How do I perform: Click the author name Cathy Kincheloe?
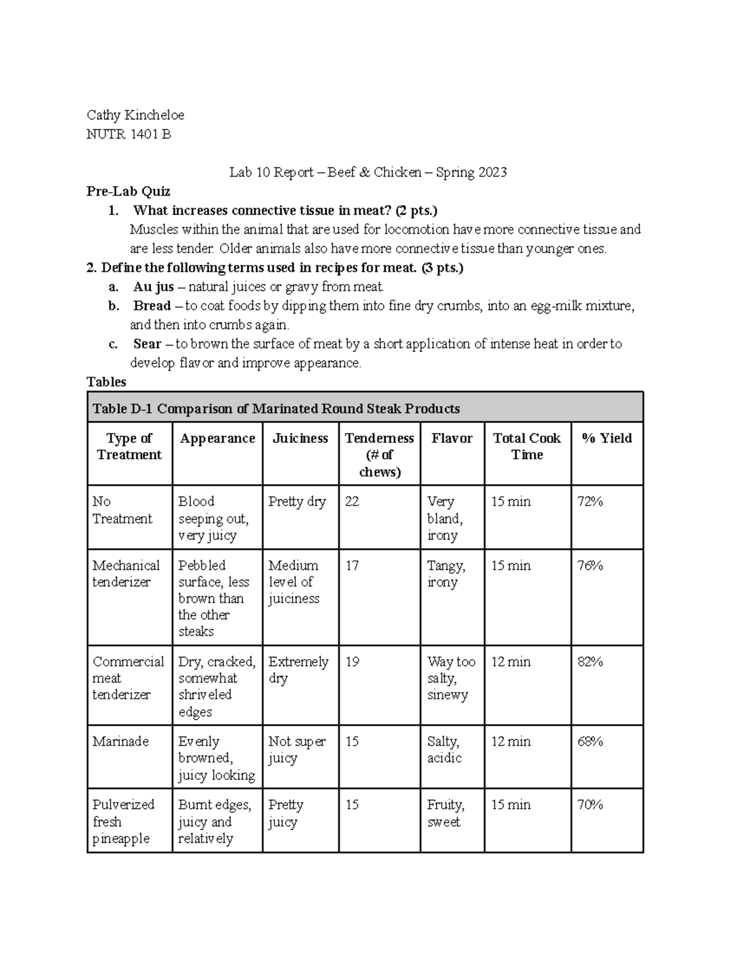135,115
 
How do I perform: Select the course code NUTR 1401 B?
128,134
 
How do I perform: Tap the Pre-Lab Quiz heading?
128,191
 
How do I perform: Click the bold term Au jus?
153,287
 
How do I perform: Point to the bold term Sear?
147,344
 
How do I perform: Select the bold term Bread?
152,306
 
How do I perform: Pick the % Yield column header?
606,438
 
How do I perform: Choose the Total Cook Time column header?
526,446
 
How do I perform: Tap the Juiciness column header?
300,438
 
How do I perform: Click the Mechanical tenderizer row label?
126,574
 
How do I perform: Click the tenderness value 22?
352,501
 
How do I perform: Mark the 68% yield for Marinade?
590,741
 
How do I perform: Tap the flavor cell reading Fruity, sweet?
445,813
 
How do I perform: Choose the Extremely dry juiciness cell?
298,670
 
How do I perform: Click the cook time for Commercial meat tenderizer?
510,662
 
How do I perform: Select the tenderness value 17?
352,565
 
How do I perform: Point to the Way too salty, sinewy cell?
451,678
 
